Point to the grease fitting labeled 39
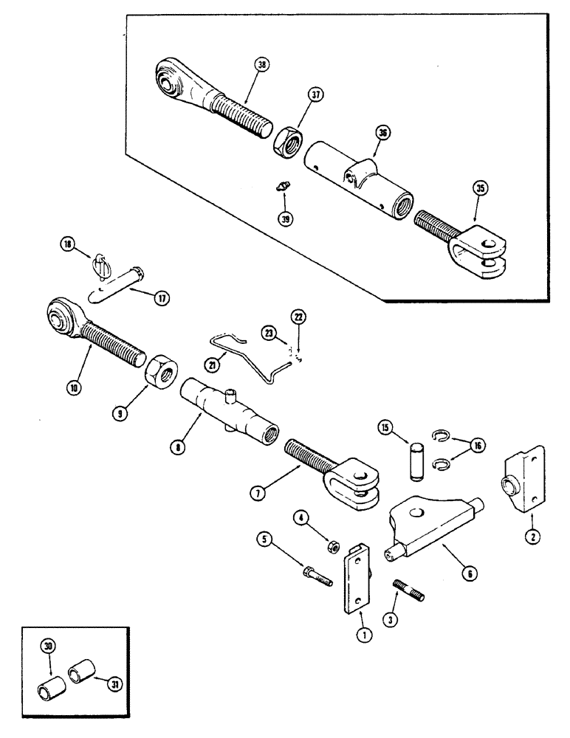(x=281, y=188)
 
